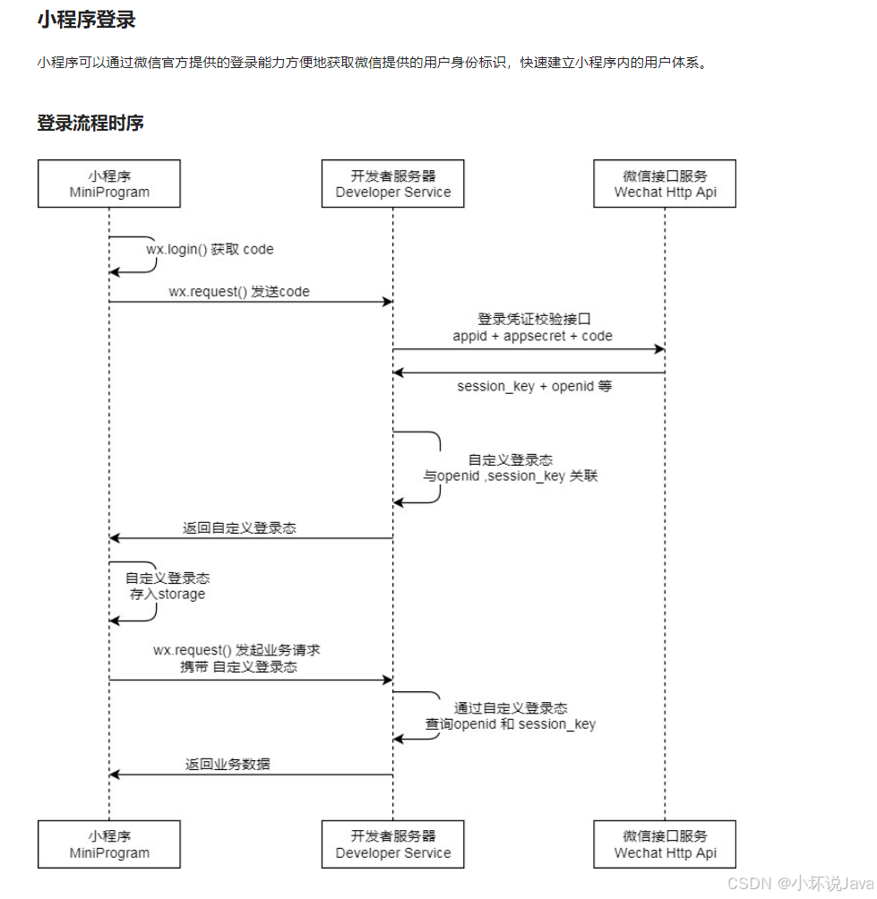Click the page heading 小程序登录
click(86, 20)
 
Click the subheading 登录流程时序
click(90, 124)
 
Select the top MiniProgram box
click(109, 184)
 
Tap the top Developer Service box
click(393, 184)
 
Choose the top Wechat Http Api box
click(665, 184)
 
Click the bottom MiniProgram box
click(109, 843)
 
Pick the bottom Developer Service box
click(393, 843)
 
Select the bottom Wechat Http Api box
click(665, 843)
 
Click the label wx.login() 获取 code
click(210, 250)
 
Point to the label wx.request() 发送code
click(239, 292)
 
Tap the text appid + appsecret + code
click(533, 336)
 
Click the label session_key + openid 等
click(534, 387)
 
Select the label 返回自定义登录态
click(239, 528)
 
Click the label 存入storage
click(168, 594)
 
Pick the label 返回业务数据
click(228, 765)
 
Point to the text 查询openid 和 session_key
click(511, 723)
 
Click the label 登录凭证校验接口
click(535, 319)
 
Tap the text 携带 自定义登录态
click(238, 667)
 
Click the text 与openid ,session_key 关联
click(511, 476)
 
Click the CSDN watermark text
click(800, 884)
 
